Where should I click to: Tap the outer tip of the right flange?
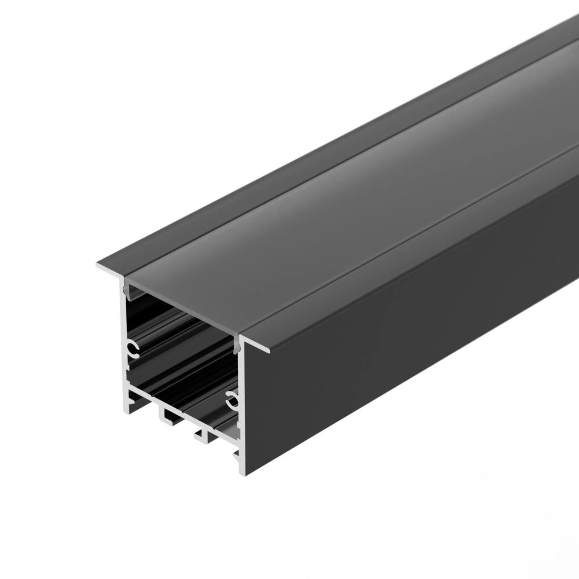(269, 350)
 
